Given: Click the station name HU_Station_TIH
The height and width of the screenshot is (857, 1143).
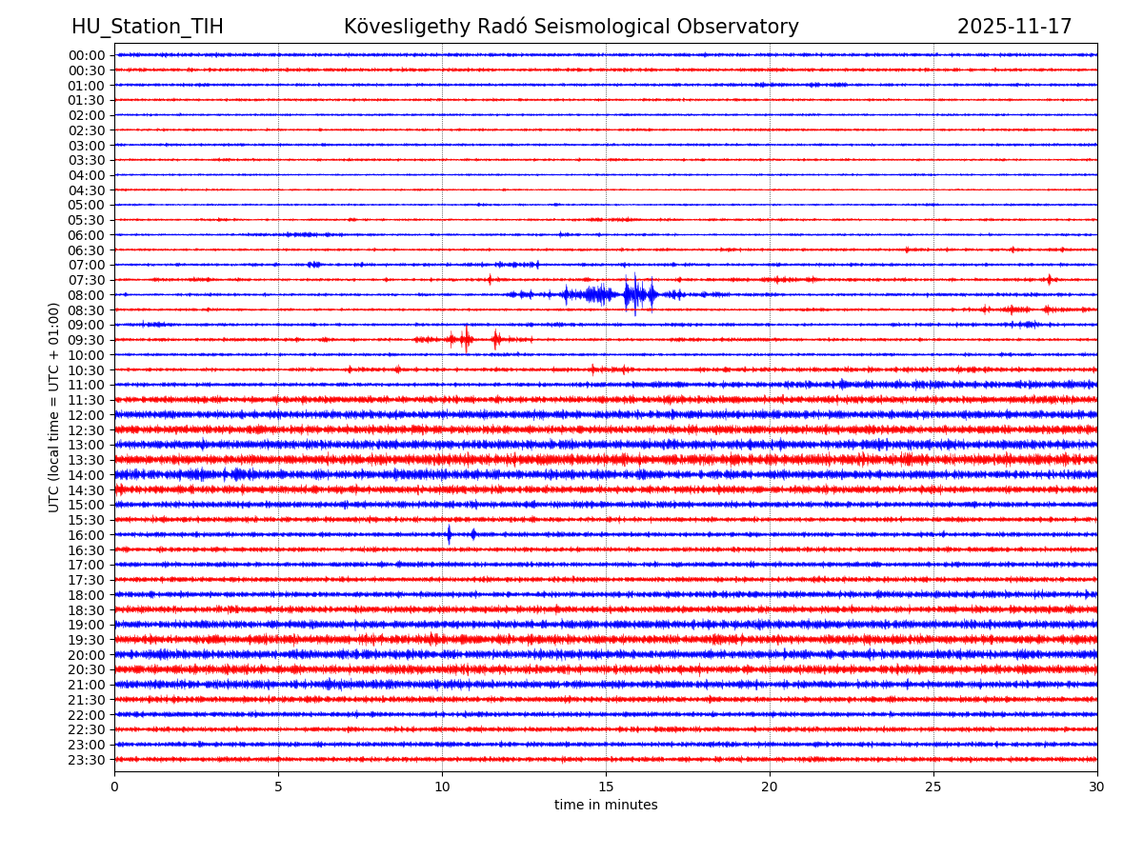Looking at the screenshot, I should pyautogui.click(x=148, y=28).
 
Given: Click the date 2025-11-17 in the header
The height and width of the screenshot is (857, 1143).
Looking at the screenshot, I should pyautogui.click(x=1014, y=28).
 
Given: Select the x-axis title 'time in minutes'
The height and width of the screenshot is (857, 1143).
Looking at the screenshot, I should pyautogui.click(x=606, y=806).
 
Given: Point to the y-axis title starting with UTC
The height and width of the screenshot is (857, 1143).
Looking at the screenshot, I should pyautogui.click(x=54, y=407).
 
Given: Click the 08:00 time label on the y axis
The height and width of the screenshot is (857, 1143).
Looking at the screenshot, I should pyautogui.click(x=87, y=295).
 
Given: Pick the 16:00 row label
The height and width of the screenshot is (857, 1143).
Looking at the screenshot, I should pyautogui.click(x=87, y=535).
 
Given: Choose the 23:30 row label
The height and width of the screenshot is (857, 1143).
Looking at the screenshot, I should pyautogui.click(x=87, y=760).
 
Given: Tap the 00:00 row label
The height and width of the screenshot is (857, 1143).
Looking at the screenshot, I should pyautogui.click(x=87, y=55).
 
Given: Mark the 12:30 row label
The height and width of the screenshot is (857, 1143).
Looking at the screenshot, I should pyautogui.click(x=87, y=430).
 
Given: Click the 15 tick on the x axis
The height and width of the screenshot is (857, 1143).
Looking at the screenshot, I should pyautogui.click(x=606, y=787).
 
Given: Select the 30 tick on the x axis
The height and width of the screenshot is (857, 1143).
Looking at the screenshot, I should pyautogui.click(x=1097, y=787).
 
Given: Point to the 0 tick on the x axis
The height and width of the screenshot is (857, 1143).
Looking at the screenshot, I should pyautogui.click(x=114, y=787).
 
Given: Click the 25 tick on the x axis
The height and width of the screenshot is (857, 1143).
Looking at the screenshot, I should pyautogui.click(x=933, y=787).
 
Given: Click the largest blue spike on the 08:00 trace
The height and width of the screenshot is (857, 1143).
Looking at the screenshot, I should pyautogui.click(x=634, y=294).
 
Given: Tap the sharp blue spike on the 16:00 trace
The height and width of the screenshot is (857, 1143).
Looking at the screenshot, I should pyautogui.click(x=449, y=534).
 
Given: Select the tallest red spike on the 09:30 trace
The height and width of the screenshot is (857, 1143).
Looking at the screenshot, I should pyautogui.click(x=466, y=339).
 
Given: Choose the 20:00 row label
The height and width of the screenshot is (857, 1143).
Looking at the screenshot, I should pyautogui.click(x=87, y=655).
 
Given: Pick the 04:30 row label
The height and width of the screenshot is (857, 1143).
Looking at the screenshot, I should pyautogui.click(x=87, y=190).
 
